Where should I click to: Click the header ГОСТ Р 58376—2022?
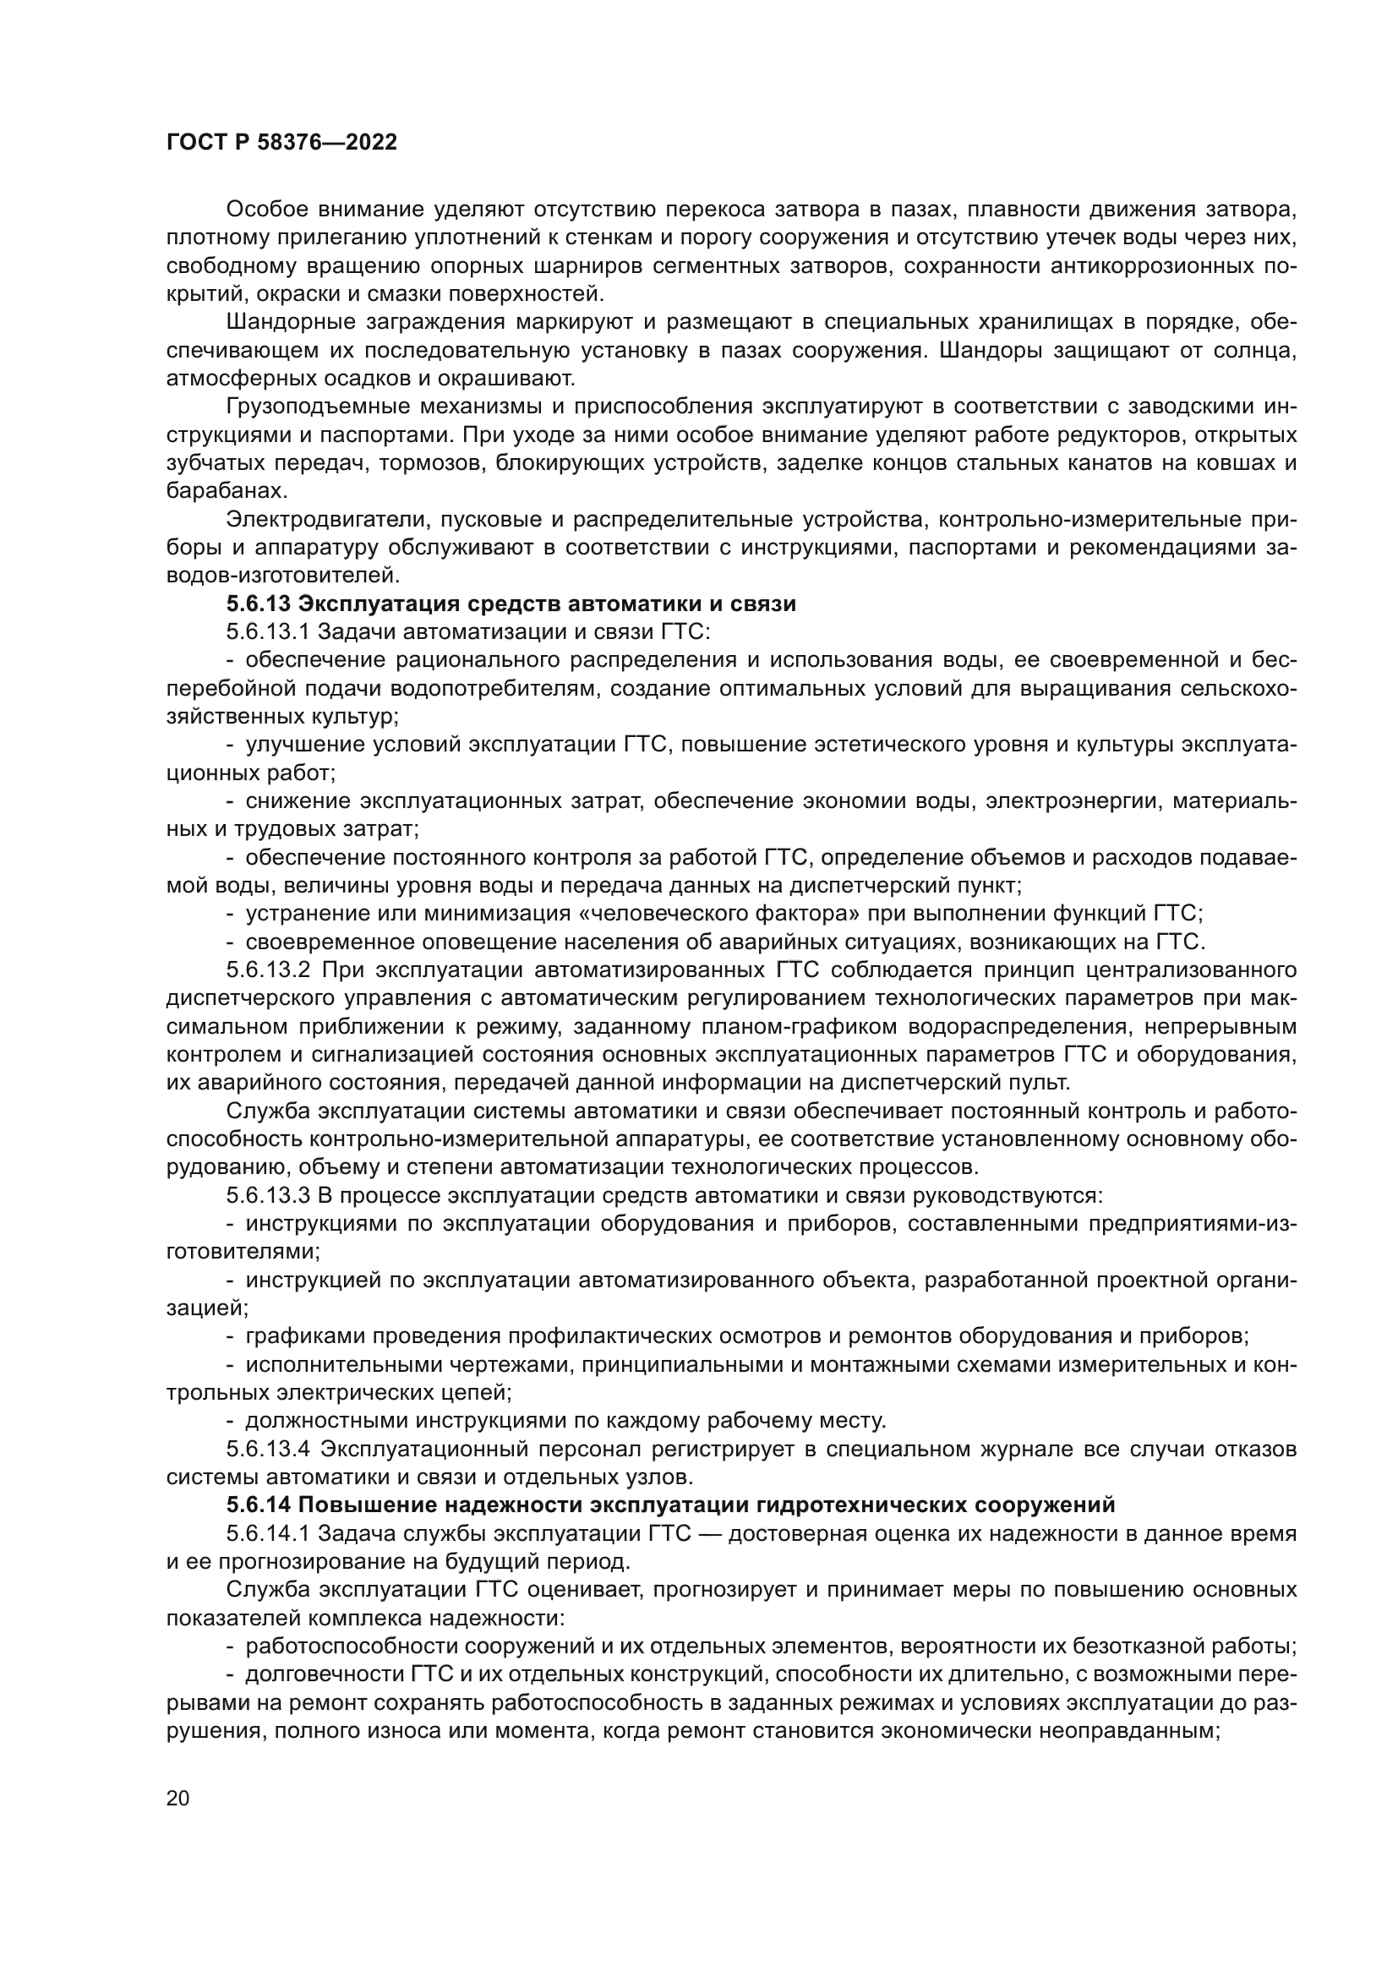281,143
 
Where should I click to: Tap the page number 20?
177,1798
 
